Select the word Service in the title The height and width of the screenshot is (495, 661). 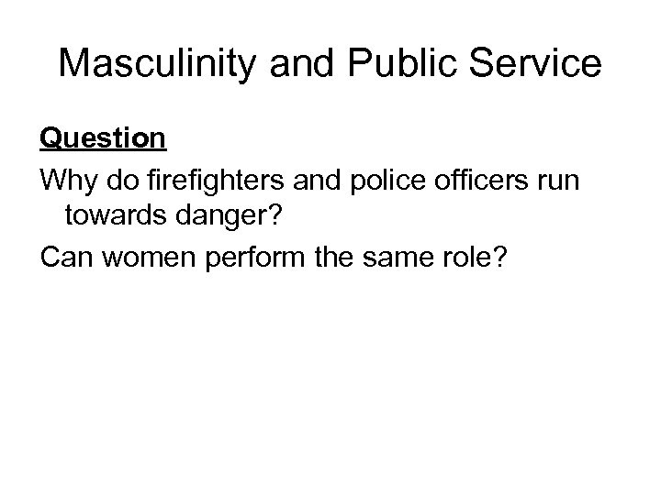543,63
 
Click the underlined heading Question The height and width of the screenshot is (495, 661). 103,138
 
